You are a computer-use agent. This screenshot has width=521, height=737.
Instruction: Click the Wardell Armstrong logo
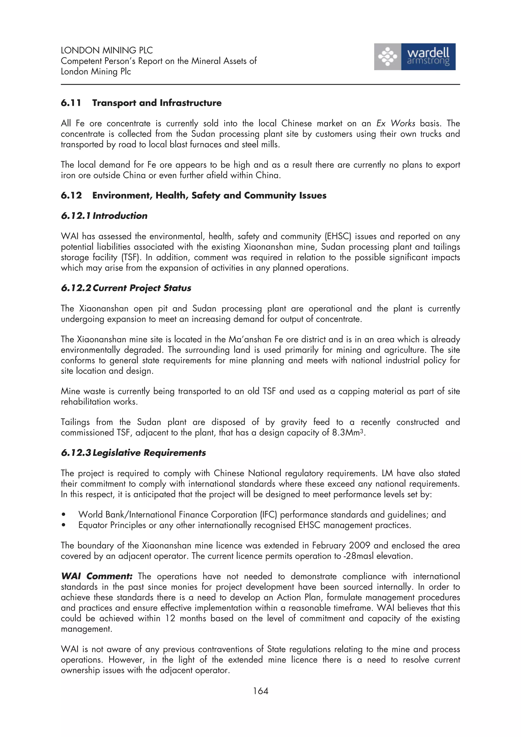coord(414,57)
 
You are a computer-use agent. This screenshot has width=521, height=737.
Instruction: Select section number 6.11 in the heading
coord(71,103)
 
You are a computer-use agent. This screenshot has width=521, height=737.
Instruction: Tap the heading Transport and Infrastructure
coord(157,103)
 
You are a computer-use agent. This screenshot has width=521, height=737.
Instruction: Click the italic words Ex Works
coord(396,123)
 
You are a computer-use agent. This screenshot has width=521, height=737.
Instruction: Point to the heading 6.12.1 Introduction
coord(104,216)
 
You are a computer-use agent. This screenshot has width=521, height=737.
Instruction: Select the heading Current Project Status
coord(141,288)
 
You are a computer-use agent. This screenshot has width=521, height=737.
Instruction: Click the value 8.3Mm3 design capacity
coord(348,432)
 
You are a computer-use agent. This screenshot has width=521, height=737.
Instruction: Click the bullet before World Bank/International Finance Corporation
coord(64,515)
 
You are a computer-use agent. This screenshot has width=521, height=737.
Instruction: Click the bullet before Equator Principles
coord(64,525)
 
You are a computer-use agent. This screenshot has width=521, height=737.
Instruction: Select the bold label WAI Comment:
coord(96,576)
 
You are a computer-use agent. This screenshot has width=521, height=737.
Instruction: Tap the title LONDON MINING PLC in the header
coord(107,50)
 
